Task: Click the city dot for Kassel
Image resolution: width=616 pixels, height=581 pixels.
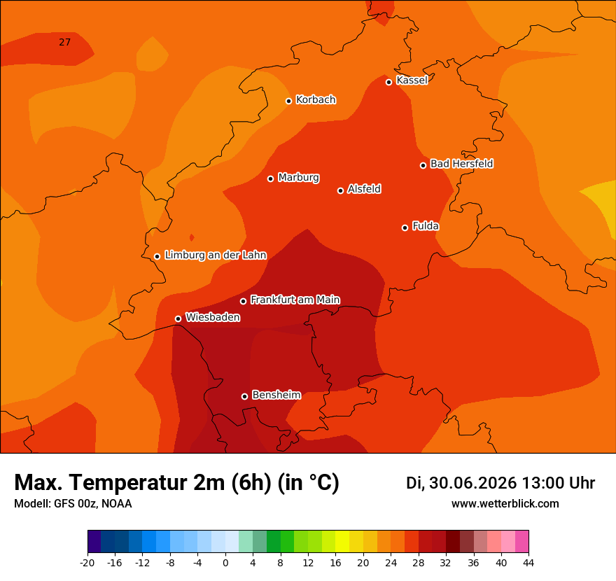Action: click(x=389, y=82)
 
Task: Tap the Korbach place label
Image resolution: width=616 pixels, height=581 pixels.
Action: click(x=316, y=100)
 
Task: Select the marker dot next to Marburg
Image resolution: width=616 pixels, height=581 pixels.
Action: click(x=271, y=178)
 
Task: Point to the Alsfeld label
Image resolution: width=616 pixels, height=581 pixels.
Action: click(x=364, y=189)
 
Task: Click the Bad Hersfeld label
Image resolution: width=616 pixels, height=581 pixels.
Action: click(x=461, y=163)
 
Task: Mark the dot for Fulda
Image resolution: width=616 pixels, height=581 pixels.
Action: click(x=405, y=227)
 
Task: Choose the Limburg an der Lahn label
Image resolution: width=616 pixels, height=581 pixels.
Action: click(x=216, y=255)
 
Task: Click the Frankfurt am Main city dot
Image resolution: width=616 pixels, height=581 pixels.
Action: click(x=244, y=301)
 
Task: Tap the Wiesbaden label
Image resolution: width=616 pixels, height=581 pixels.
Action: click(x=213, y=317)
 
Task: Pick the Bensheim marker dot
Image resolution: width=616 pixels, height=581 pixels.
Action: click(x=245, y=396)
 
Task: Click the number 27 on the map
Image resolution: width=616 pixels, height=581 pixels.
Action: click(x=65, y=42)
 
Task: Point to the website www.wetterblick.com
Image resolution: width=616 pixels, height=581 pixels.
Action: click(x=505, y=503)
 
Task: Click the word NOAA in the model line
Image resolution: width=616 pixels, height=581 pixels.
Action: click(x=117, y=503)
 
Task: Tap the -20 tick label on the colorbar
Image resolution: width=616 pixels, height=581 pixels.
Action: click(x=87, y=563)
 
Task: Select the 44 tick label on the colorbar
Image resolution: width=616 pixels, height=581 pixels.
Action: click(x=528, y=563)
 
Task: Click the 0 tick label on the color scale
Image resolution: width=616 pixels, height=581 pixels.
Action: click(x=225, y=563)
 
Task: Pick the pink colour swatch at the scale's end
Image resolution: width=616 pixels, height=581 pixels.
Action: click(x=521, y=541)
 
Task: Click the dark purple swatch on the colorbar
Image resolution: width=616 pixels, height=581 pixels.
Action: click(x=94, y=541)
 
